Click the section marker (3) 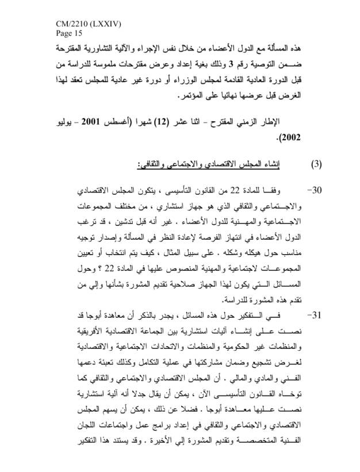click(x=317, y=165)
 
